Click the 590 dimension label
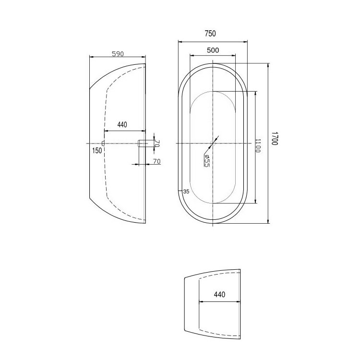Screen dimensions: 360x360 coord(118,54)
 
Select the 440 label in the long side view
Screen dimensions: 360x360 coord(122,125)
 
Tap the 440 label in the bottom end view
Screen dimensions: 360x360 coord(219,294)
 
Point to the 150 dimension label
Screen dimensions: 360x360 coord(97,151)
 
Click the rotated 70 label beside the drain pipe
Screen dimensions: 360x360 coord(157,144)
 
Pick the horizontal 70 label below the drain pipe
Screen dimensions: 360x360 coord(157,161)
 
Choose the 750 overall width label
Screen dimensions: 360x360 coord(210,34)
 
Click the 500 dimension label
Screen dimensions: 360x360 coord(213,50)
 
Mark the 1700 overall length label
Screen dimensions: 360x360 coord(275,138)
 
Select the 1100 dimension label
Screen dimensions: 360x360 coord(258,145)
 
